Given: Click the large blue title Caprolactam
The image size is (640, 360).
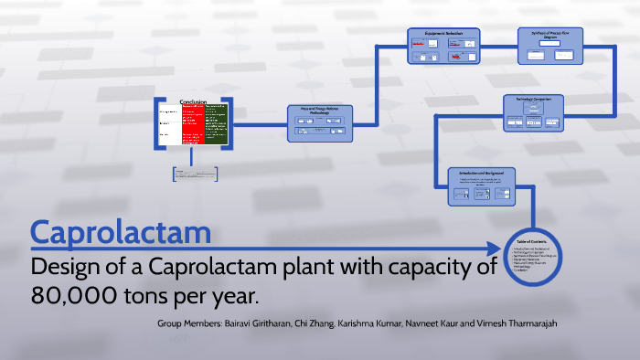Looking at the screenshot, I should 121,232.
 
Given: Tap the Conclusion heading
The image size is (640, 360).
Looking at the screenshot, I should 194,101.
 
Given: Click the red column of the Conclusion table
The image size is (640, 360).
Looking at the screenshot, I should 193,125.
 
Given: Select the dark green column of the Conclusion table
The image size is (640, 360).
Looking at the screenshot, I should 217,125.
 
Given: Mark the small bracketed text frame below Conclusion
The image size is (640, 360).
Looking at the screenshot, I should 193,174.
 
